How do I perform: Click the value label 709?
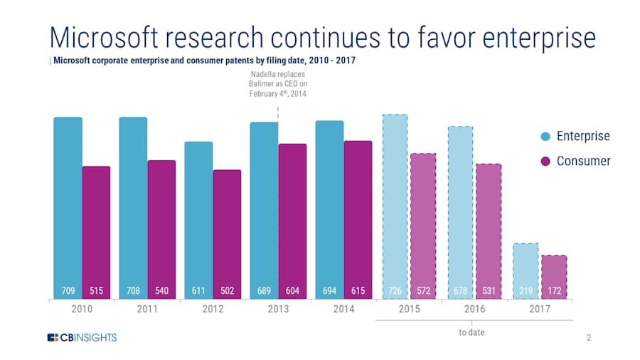pyautogui.click(x=68, y=290)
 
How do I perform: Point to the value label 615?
pyautogui.click(x=358, y=290)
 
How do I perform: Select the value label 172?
pyautogui.click(x=554, y=290)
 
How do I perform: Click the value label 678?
pyautogui.click(x=460, y=290)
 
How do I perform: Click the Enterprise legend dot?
pyautogui.click(x=545, y=137)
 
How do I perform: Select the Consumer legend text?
pyautogui.click(x=583, y=162)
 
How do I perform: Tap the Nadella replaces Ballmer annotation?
pyautogui.click(x=278, y=84)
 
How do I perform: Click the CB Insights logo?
pyautogui.click(x=82, y=337)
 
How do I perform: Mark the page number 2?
pyautogui.click(x=589, y=337)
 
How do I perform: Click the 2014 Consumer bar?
pyautogui.click(x=358, y=213)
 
